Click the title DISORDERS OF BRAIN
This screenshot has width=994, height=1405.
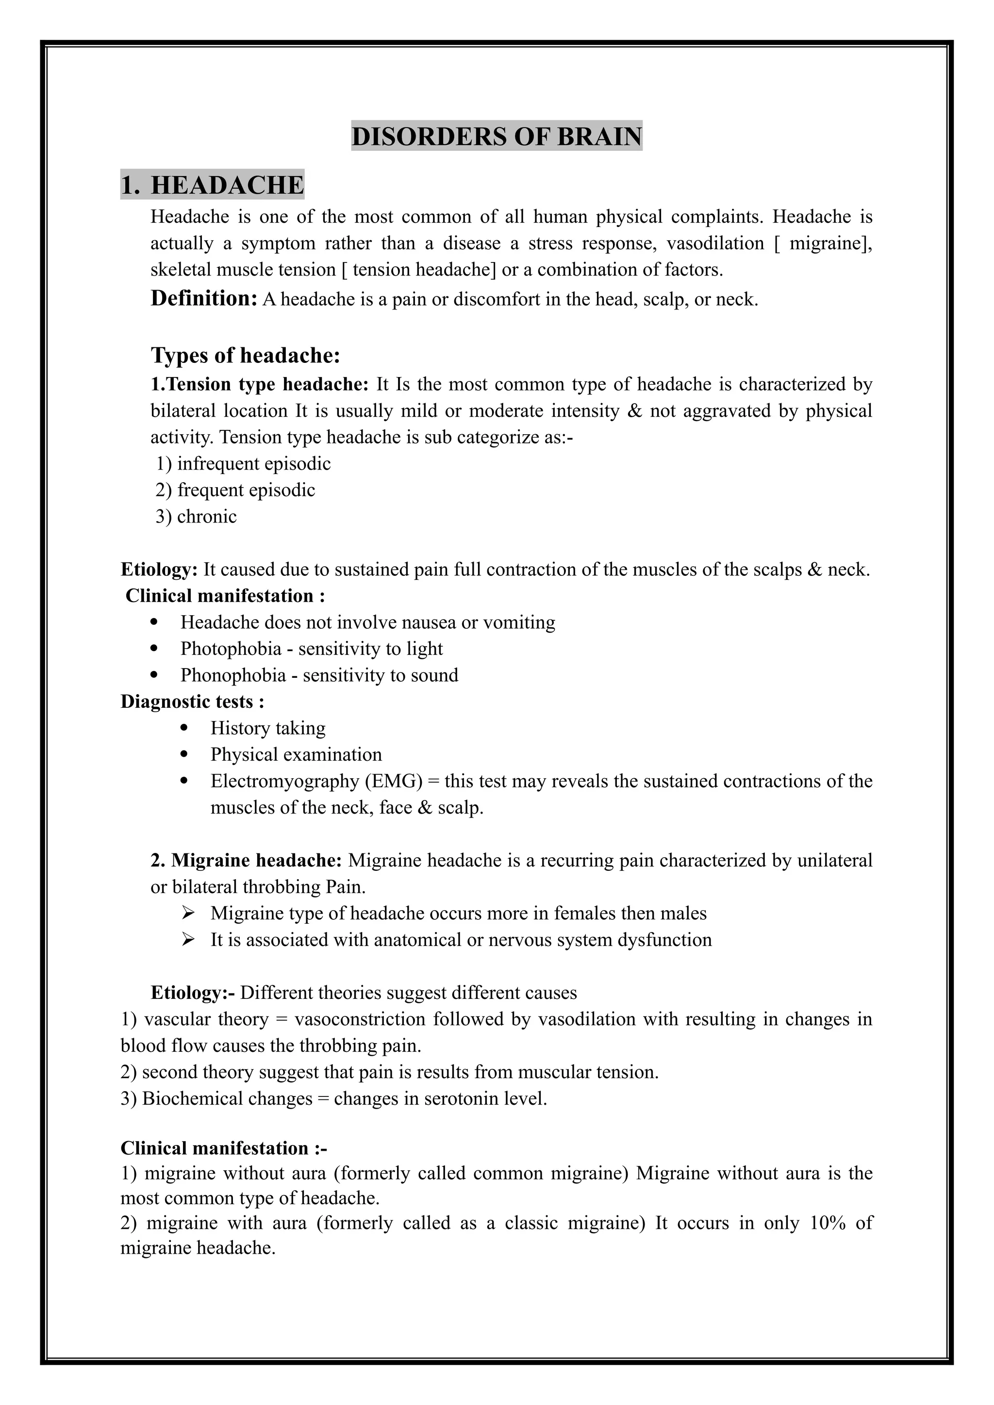click(x=497, y=136)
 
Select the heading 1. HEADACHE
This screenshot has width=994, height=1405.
click(x=213, y=185)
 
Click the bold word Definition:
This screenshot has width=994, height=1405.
click(x=204, y=299)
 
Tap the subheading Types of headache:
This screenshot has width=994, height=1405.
click(x=246, y=356)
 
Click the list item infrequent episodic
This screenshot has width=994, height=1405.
click(x=253, y=464)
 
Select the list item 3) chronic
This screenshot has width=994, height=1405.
click(x=196, y=517)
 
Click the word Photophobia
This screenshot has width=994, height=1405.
click(x=231, y=649)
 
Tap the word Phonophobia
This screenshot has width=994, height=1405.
click(x=232, y=675)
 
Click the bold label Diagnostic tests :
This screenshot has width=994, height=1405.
click(x=192, y=701)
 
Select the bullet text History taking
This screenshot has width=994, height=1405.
click(x=267, y=728)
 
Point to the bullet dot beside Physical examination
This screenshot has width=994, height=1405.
click(x=185, y=754)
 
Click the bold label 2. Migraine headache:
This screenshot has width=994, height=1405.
click(x=246, y=860)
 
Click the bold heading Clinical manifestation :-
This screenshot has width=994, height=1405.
click(x=223, y=1148)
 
